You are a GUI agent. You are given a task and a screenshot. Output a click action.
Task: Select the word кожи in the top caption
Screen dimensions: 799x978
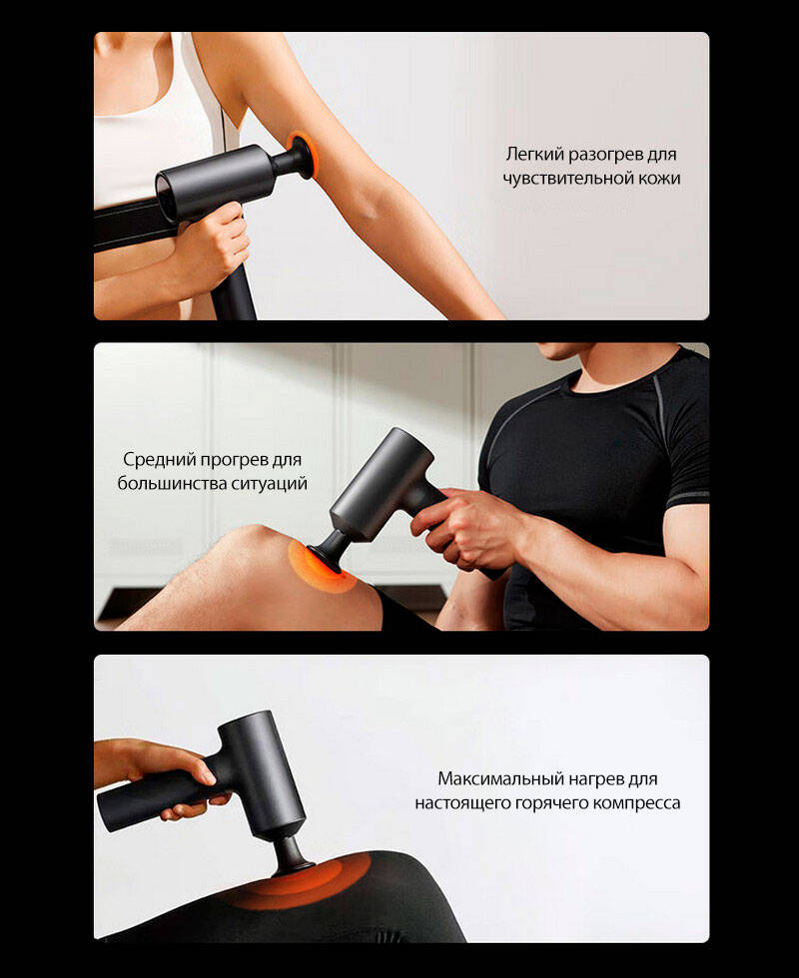[659, 179]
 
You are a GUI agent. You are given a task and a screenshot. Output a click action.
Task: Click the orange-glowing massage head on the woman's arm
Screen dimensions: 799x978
[305, 154]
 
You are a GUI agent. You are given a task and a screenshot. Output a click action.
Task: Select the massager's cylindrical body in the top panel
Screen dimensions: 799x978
[216, 181]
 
